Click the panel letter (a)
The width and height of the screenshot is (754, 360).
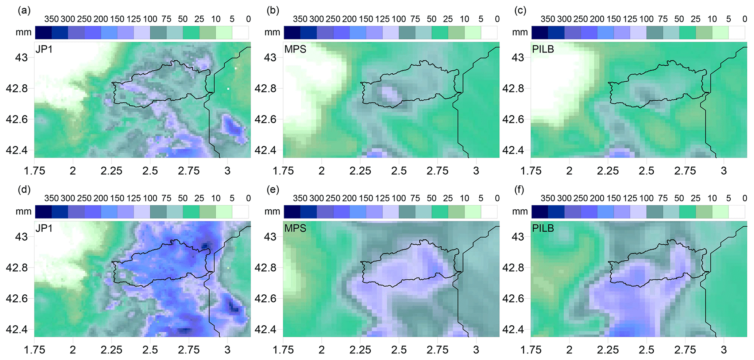pyautogui.click(x=24, y=11)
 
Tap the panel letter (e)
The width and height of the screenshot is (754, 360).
pyautogui.click(x=273, y=190)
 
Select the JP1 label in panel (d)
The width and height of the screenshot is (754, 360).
pyautogui.click(x=44, y=228)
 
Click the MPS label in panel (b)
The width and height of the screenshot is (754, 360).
pyautogui.click(x=295, y=49)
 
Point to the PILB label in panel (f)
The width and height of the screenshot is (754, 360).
pyautogui.click(x=543, y=228)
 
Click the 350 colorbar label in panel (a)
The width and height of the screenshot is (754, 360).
pyautogui.click(x=51, y=19)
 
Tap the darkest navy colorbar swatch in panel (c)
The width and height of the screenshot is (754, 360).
pyautogui.click(x=540, y=32)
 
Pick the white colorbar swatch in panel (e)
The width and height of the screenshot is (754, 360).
pyautogui.click(x=489, y=212)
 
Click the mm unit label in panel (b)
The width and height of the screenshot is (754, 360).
pyautogui.click(x=272, y=32)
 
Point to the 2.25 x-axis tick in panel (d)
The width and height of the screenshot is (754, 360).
pyautogui.click(x=112, y=350)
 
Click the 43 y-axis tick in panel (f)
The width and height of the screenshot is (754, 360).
pyautogui.click(x=518, y=237)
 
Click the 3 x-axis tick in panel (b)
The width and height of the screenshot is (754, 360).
pyautogui.click(x=476, y=171)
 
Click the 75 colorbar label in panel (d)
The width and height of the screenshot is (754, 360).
pyautogui.click(x=166, y=198)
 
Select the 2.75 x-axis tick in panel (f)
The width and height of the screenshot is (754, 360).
pyautogui.click(x=685, y=350)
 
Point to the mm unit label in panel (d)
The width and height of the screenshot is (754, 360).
pyautogui.click(x=23, y=212)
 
